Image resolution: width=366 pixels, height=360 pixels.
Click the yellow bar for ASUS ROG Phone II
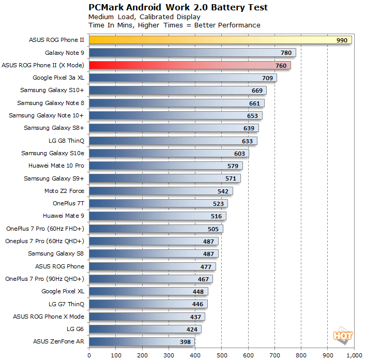220,40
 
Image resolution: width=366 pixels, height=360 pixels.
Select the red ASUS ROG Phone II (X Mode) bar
190,65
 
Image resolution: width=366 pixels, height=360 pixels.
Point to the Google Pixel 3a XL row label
58,78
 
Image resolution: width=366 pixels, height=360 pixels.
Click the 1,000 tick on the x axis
354,355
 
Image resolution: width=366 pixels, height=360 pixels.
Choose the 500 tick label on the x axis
222,355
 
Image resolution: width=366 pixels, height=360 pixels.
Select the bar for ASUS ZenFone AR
142,341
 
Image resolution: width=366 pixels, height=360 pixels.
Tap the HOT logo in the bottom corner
343,336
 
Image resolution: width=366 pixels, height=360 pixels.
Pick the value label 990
342,40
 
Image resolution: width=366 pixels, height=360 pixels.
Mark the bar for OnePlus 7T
158,203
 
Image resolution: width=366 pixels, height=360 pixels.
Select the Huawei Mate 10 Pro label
56,166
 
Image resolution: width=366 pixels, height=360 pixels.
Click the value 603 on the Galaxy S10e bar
239,153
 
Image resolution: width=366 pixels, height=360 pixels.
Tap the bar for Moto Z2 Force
161,191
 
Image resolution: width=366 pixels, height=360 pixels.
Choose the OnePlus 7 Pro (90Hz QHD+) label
44,279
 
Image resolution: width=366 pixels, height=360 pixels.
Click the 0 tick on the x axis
89,355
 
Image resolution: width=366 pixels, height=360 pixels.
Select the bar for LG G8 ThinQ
173,141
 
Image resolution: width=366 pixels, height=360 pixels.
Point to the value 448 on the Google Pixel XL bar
198,291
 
